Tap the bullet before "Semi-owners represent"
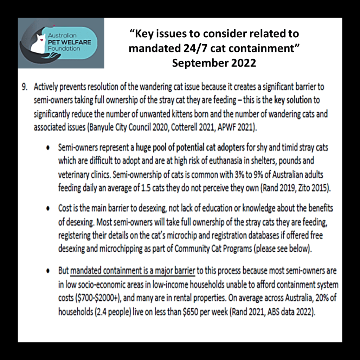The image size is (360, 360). point(47,148)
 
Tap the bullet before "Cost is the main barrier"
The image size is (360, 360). point(47,209)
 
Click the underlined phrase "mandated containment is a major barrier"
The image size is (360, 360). point(133,271)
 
